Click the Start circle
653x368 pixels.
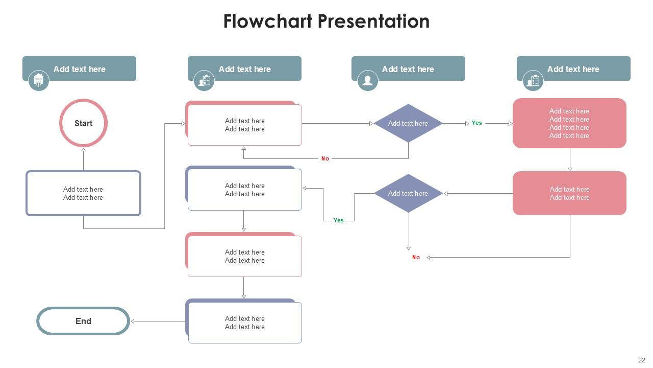click(83, 123)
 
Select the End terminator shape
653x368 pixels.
click(83, 321)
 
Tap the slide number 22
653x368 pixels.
click(641, 360)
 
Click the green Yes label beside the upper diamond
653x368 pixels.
click(476, 123)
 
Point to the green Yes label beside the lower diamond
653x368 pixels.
click(338, 220)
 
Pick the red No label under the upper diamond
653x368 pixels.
click(325, 158)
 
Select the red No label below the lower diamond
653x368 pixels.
click(416, 258)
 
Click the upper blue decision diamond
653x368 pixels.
click(408, 123)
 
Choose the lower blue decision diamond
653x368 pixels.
click(408, 193)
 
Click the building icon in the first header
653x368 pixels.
click(38, 80)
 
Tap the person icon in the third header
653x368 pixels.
click(367, 80)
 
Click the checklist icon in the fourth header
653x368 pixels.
click(533, 80)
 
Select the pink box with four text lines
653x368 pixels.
click(569, 123)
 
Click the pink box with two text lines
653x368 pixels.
click(569, 193)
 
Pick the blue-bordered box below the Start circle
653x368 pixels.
click(83, 193)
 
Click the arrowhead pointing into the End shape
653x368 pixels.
click(133, 321)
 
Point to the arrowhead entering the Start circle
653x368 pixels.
click(83, 150)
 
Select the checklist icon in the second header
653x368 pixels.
click(204, 80)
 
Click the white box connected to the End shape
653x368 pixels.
click(245, 323)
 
